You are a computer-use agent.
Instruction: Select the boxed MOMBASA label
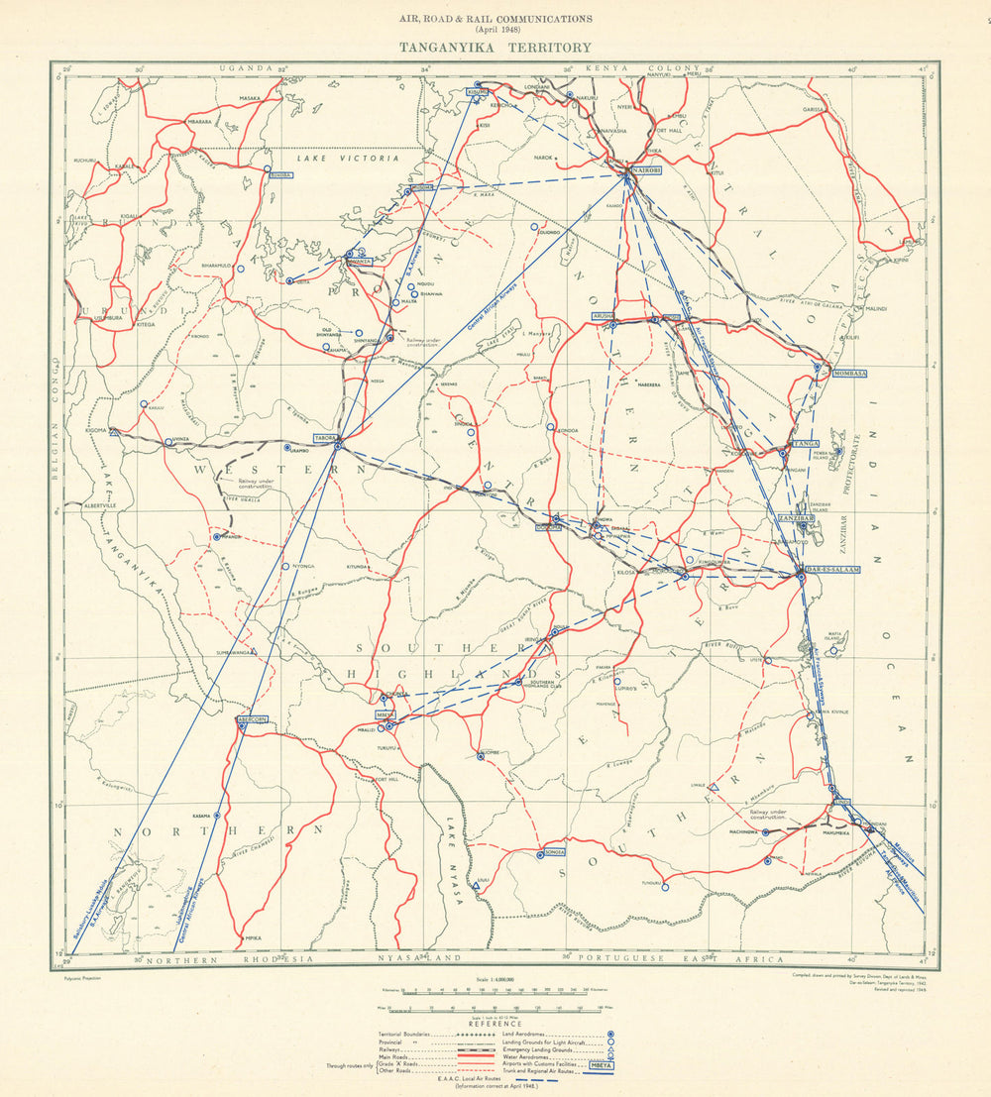tap(850, 373)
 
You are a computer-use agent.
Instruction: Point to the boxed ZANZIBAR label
tap(796, 518)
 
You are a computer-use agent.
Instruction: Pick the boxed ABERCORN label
tap(252, 718)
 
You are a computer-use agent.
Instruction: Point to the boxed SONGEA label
tap(552, 851)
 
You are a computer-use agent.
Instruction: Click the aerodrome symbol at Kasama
tap(217, 816)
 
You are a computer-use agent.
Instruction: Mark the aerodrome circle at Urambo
tap(287, 448)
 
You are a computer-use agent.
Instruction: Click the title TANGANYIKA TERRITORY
tap(495, 47)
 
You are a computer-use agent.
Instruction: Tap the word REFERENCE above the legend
tap(495, 1024)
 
